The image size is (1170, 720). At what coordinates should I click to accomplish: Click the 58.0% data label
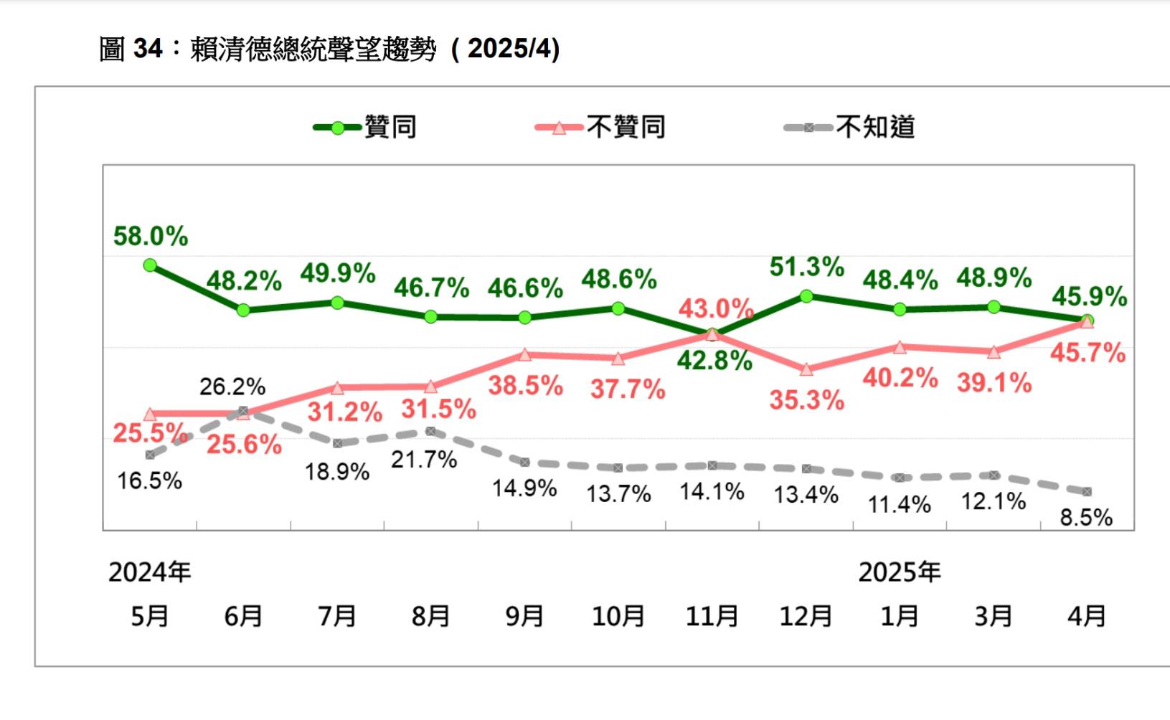coord(151,236)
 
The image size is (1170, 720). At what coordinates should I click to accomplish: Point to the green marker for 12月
coord(806,295)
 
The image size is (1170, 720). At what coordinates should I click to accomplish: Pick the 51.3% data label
coord(806,267)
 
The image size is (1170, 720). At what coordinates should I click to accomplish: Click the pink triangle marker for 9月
coord(524,354)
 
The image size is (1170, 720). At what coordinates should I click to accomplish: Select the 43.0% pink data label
coord(715,309)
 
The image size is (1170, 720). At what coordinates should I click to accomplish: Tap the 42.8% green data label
coord(714,361)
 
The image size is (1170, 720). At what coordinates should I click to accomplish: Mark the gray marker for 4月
coord(1087,492)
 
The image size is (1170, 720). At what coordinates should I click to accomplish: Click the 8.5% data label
coord(1086,517)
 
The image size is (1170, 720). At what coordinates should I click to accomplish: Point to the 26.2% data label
coord(232,387)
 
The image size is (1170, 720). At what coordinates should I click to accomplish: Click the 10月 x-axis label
coord(618,616)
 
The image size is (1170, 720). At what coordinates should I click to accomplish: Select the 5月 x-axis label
coord(150,616)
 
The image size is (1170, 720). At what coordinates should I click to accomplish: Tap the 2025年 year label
coord(900,572)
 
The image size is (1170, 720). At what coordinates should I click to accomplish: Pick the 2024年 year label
coord(150,572)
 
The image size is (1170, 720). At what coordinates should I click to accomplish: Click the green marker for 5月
coord(150,265)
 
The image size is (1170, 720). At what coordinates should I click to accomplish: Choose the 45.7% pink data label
coord(1088,353)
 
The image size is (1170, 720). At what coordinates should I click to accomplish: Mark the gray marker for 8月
coord(430,431)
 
